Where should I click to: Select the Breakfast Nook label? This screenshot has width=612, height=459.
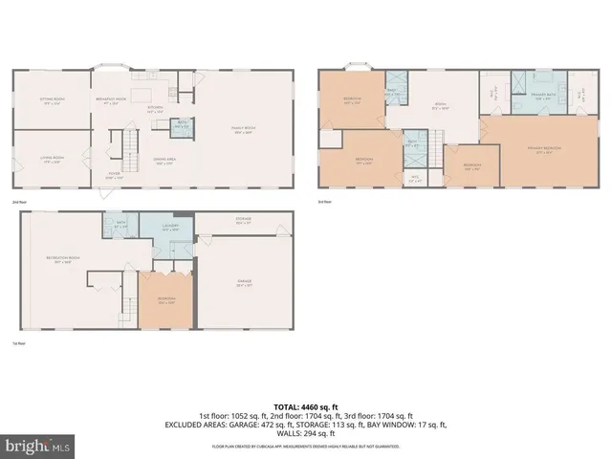tap(113, 101)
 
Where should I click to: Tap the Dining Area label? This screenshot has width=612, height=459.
tap(165, 162)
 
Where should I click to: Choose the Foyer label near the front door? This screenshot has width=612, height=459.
tap(114, 176)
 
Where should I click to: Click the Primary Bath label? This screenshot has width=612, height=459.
tap(541, 97)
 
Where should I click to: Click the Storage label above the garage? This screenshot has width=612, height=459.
tap(244, 221)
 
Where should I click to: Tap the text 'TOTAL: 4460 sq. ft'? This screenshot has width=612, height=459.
tap(306, 406)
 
